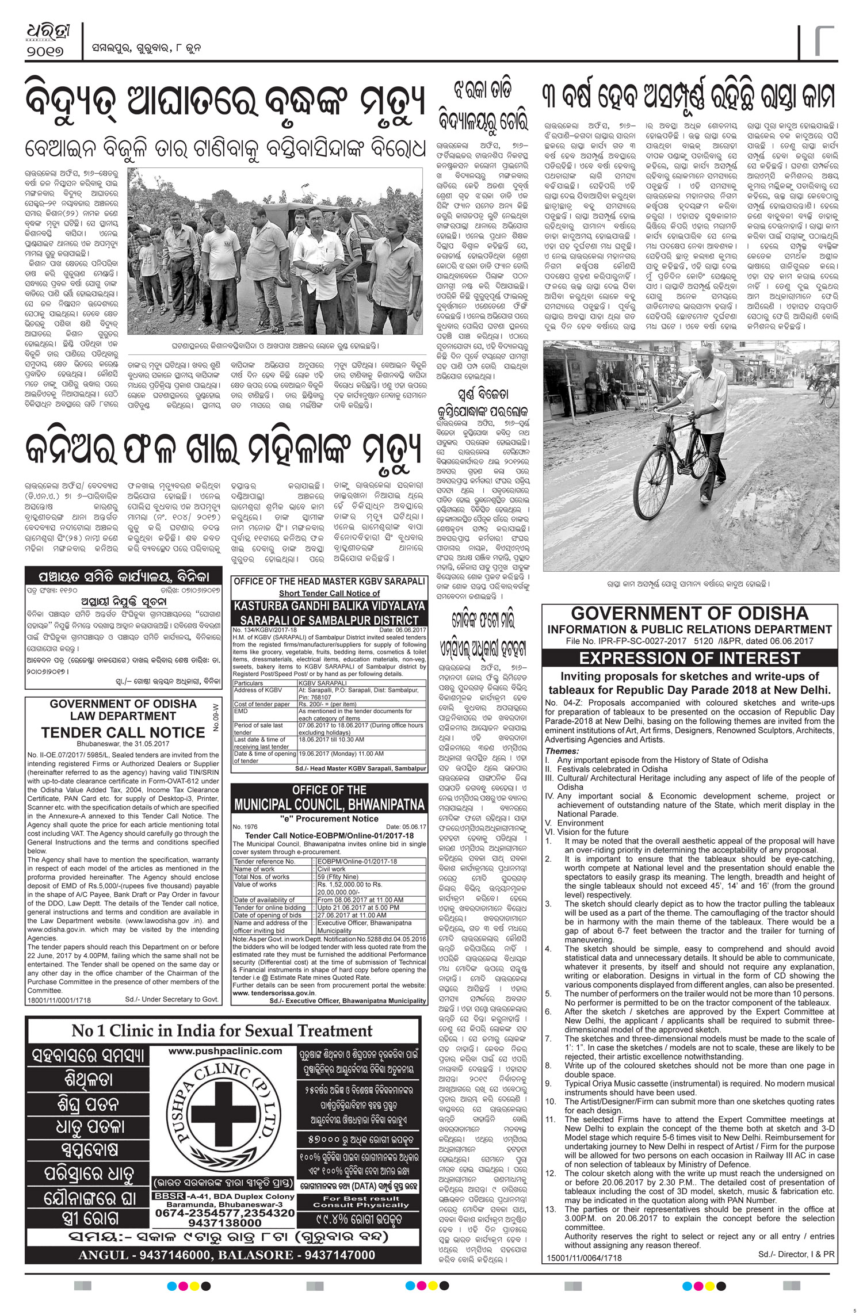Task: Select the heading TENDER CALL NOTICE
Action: (123, 732)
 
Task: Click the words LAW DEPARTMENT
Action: (123, 716)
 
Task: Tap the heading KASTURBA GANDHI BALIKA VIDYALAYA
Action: (329, 606)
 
